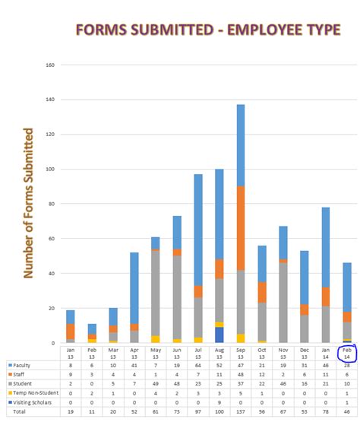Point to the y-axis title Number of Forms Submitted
click(x=29, y=203)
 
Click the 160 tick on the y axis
click(x=51, y=65)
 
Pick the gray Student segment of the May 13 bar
click(x=155, y=293)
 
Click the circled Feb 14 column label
click(x=346, y=353)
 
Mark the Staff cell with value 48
click(x=240, y=374)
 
